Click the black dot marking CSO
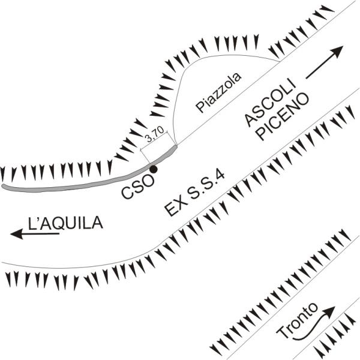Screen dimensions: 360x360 pos(154,169)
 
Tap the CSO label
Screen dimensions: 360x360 pos(138,187)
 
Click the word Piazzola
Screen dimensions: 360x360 pos(218,92)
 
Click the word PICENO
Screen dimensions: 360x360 pos(283,116)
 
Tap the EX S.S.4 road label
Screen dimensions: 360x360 pos(194,194)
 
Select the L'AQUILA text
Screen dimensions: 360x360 pos(65,223)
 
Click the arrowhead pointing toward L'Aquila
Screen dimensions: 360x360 pos(17,234)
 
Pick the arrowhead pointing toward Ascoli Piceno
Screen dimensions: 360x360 pos(337,52)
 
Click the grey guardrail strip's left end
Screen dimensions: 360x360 pos(3,186)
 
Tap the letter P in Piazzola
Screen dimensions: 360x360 pos(200,107)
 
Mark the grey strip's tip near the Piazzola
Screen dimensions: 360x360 pos(176,146)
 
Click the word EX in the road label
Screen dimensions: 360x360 pos(174,208)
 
